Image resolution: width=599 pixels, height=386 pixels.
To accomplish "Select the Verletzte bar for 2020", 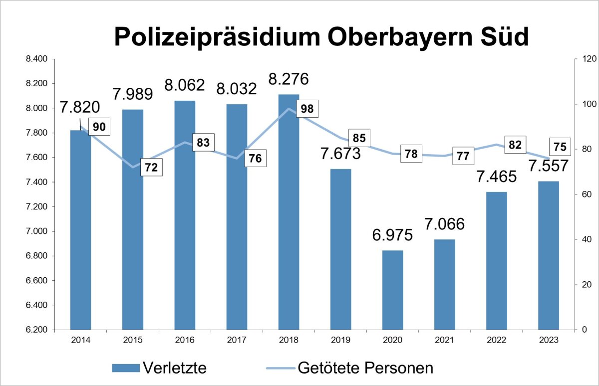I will (x=392, y=290).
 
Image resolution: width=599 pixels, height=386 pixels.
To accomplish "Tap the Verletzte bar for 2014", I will (x=80, y=230).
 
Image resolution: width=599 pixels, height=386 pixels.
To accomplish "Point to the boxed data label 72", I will (x=151, y=168).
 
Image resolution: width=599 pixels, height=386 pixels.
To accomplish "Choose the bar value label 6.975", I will (x=392, y=235).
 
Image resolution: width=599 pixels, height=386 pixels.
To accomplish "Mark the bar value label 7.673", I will (x=340, y=154).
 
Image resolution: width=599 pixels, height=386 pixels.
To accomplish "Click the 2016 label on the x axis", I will (x=184, y=340).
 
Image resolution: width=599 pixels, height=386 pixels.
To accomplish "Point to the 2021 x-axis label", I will (x=444, y=340).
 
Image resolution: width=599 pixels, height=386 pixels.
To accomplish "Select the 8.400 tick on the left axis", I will (x=36, y=59).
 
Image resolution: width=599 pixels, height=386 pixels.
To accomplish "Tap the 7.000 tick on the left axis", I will (x=36, y=231).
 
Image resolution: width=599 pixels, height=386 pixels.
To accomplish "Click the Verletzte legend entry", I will (x=160, y=368).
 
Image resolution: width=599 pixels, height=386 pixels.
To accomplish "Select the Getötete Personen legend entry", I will (x=349, y=368).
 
